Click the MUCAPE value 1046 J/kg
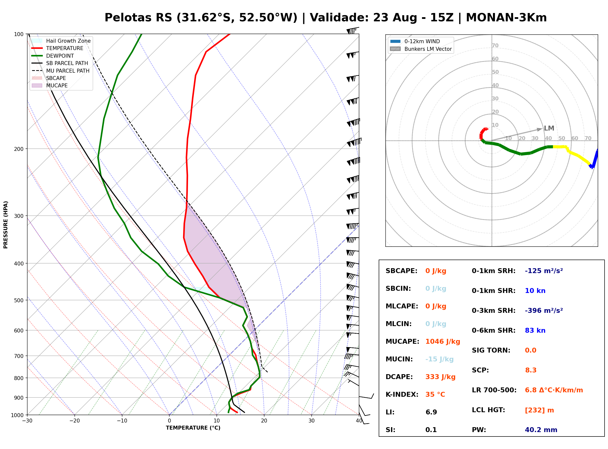[x=443, y=342]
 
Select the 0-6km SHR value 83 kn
[x=535, y=330]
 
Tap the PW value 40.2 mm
[x=541, y=430]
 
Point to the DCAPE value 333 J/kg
[x=440, y=377]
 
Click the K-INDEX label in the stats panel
[x=402, y=395]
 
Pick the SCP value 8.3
[x=531, y=370]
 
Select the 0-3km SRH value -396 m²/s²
[x=544, y=310]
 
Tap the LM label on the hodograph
[x=549, y=128]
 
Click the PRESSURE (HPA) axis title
[x=6, y=225]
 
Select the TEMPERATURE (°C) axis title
[x=193, y=428]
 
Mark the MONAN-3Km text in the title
[x=506, y=18]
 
